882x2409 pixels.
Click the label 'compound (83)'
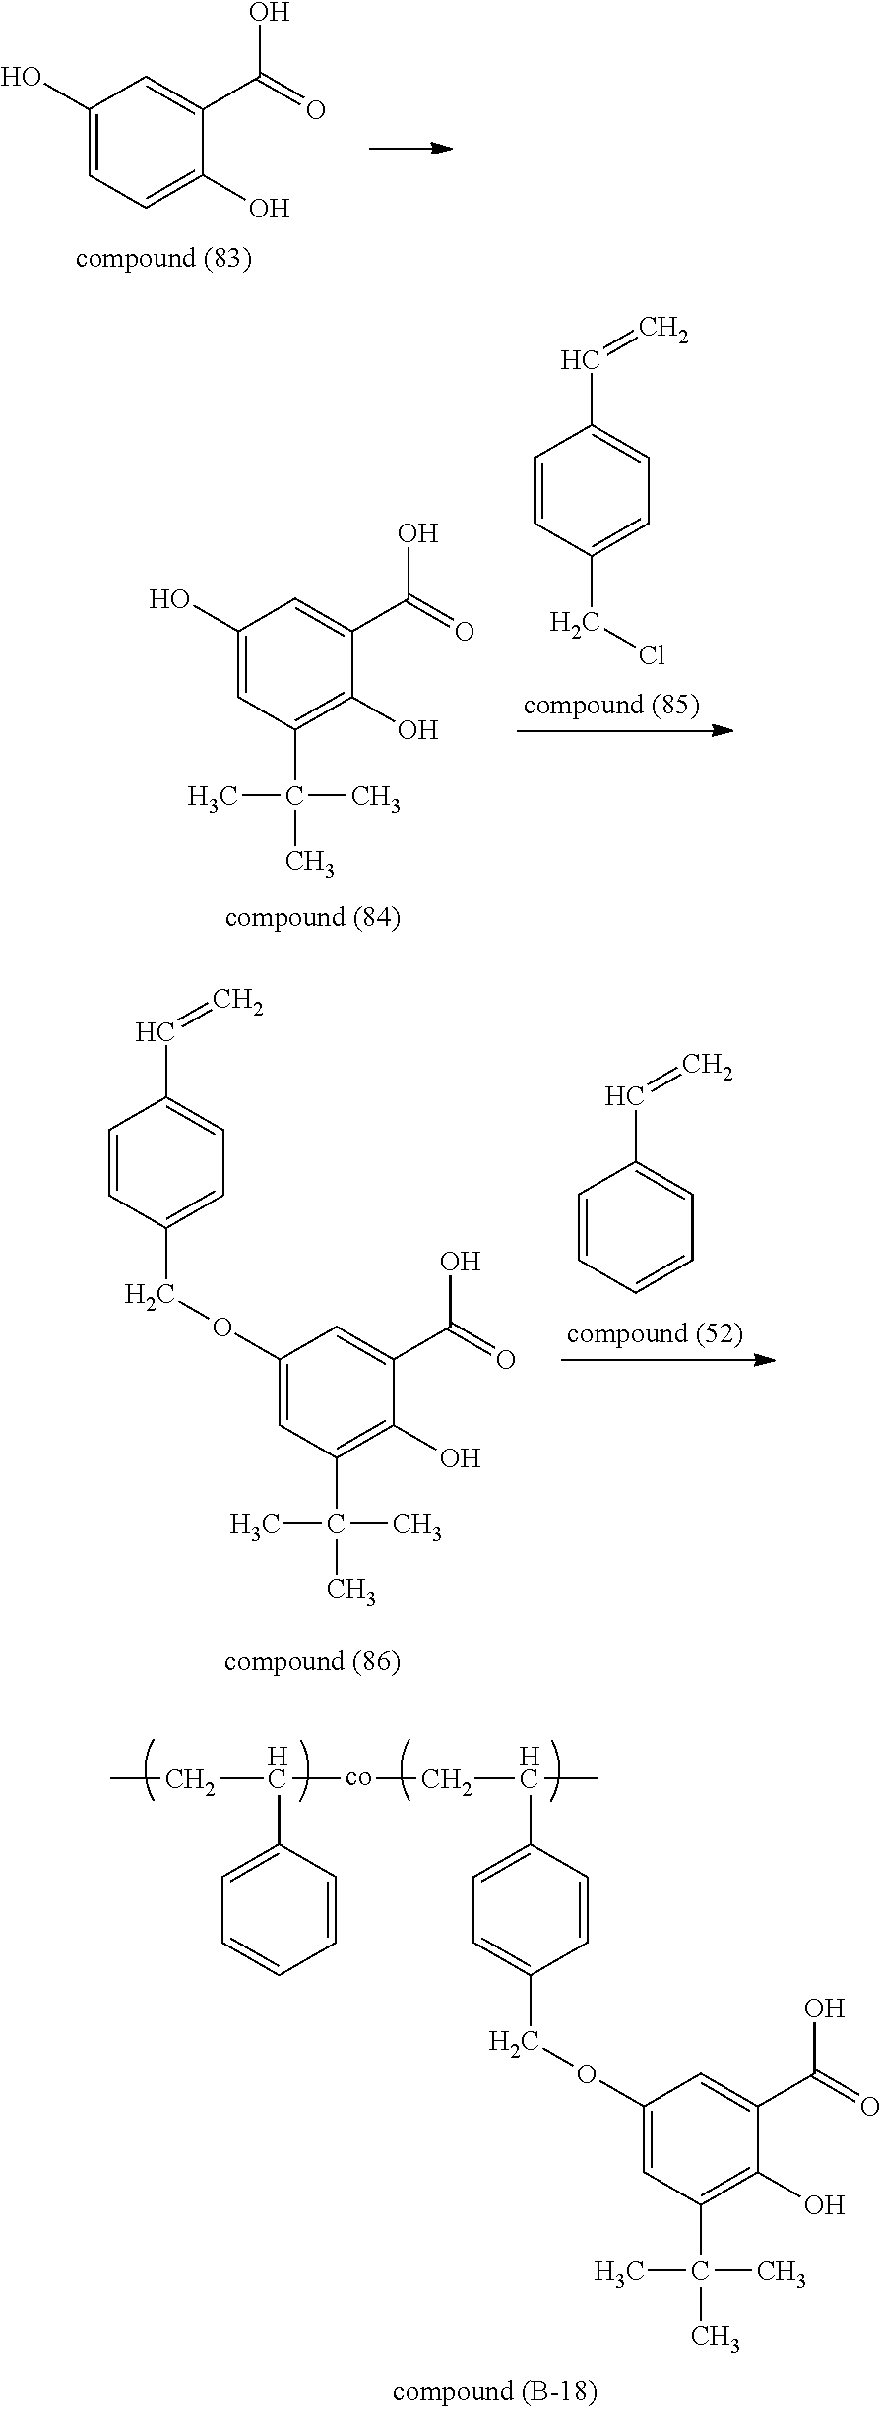163,259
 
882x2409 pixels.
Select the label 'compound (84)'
312,918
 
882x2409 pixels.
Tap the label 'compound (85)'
611,706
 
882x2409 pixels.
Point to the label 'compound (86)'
312,1662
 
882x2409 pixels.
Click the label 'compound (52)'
655,1334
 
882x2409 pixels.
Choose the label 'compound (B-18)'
495,2391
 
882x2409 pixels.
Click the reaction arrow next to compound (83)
410,149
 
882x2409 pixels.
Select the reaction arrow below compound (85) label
625,730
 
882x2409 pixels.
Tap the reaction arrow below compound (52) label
668,1360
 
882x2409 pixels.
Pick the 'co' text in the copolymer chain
358,1778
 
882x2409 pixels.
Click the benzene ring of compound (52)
636,1226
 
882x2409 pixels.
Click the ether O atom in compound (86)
222,1328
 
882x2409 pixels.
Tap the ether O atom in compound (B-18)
587,2074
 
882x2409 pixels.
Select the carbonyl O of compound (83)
315,109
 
